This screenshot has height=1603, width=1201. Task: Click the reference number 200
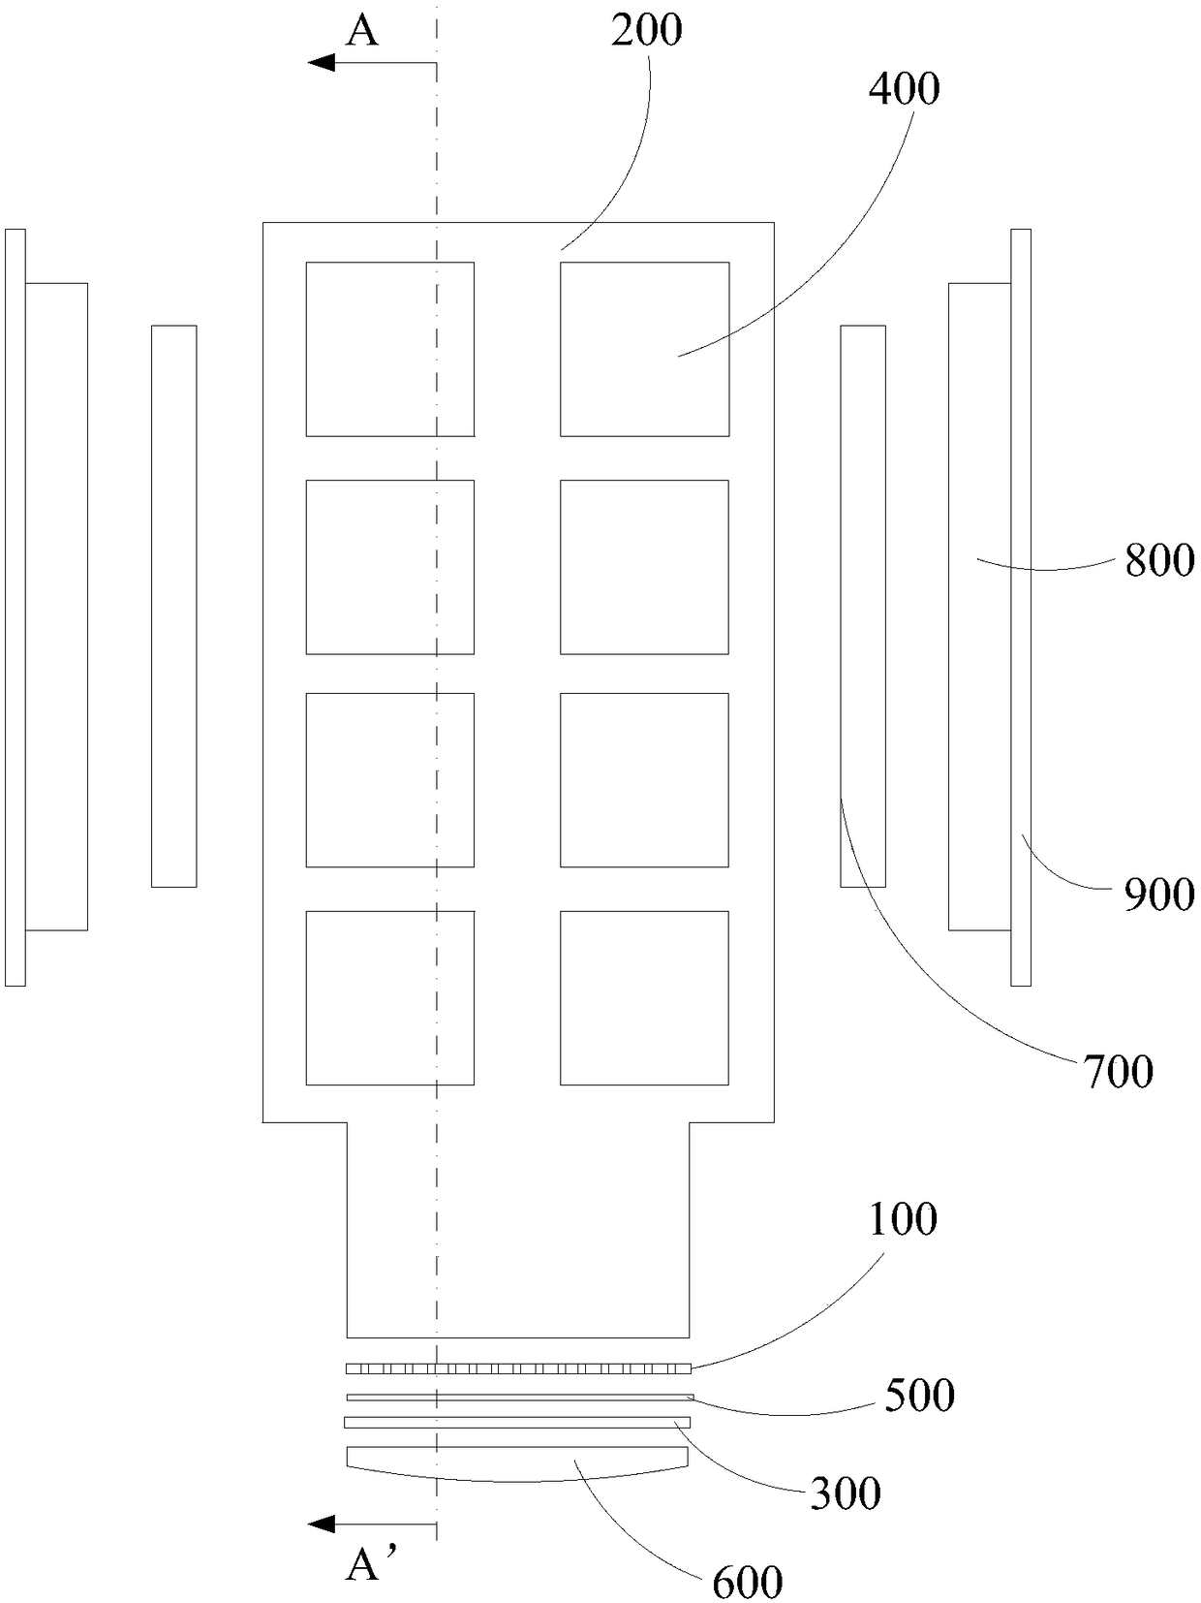tap(646, 31)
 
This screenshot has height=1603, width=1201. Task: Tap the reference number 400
tap(904, 89)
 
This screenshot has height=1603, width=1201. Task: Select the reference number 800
tap(1159, 561)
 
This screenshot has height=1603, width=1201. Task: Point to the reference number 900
tap(1159, 894)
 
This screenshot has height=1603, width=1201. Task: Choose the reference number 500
tap(919, 1396)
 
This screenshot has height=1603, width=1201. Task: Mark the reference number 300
tap(846, 1493)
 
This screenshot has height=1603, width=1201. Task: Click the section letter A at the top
tap(362, 32)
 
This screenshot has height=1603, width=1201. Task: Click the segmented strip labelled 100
tap(519, 1368)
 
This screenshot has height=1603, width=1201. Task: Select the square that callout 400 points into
tap(644, 349)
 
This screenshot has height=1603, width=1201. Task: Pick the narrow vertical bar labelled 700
tap(862, 606)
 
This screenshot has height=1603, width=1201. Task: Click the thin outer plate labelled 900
tap(1020, 607)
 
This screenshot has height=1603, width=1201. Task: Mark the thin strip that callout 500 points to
tap(519, 1397)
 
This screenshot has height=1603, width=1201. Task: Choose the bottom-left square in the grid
tap(389, 997)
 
